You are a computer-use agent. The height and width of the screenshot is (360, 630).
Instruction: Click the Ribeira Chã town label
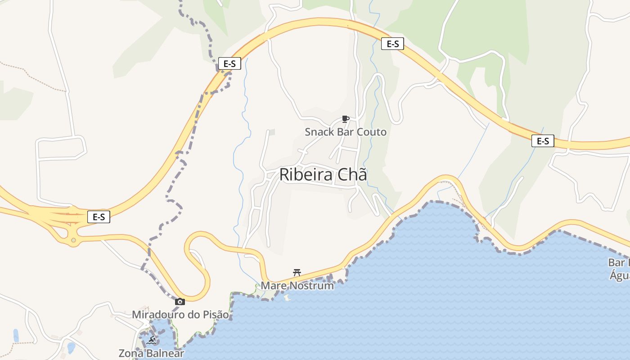coord(323,175)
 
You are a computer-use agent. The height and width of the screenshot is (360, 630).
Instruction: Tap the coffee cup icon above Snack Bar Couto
coord(346,119)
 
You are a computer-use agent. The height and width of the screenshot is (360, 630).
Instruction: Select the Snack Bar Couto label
coord(346,132)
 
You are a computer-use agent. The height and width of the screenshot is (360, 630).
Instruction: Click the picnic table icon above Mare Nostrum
coord(297,272)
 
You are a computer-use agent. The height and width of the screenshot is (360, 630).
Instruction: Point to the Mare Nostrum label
coord(297,286)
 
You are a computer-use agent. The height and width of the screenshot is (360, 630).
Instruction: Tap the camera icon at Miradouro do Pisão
coord(180,301)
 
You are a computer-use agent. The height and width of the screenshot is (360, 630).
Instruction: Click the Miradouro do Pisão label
coord(180,315)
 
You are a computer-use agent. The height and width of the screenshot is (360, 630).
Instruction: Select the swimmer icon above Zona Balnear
coord(151,341)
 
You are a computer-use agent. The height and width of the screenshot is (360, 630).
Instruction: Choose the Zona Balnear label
coord(151,353)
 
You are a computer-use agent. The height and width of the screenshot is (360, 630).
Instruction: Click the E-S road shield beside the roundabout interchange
coord(99,217)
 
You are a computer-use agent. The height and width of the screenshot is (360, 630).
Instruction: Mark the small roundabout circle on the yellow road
coord(73,241)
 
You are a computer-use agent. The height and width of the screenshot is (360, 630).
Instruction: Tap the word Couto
coord(371,132)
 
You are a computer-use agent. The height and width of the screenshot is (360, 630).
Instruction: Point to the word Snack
coord(319,132)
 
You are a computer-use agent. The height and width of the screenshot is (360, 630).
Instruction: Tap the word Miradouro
coord(158,315)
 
